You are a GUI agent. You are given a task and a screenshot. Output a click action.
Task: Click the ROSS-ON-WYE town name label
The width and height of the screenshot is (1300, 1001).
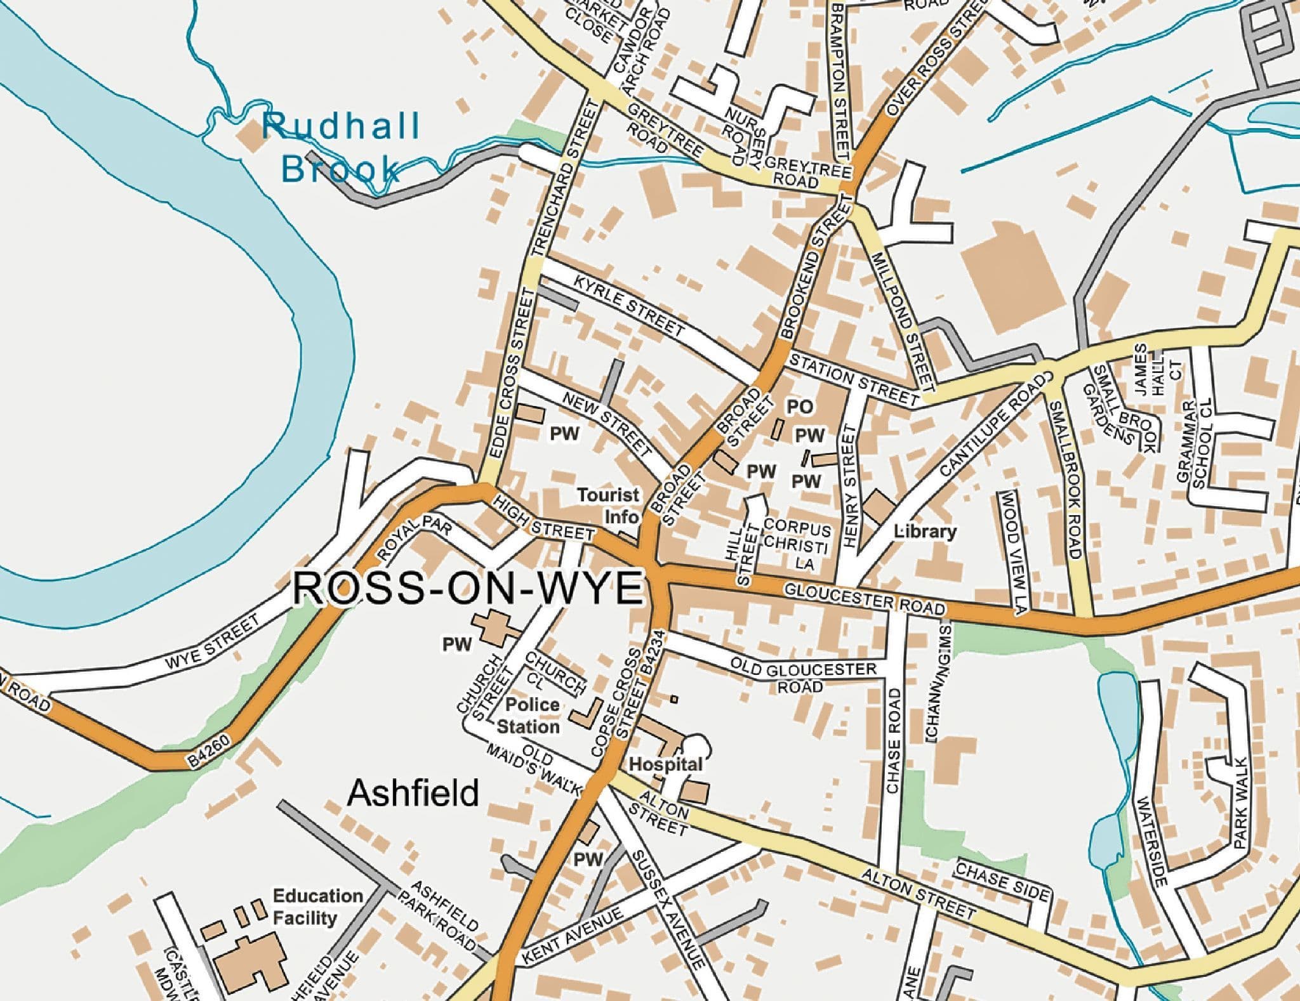468,588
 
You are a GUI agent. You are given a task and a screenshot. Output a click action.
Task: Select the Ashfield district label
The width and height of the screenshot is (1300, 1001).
413,793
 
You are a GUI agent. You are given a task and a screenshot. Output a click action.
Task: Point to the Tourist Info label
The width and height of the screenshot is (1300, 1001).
608,505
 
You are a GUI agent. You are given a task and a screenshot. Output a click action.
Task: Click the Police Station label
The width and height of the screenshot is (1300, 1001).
532,715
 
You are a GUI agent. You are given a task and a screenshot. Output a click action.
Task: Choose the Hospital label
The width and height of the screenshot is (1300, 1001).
665,764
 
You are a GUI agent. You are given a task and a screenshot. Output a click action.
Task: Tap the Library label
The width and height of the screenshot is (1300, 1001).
925,532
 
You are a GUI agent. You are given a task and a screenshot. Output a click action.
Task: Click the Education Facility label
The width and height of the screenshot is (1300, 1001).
317,906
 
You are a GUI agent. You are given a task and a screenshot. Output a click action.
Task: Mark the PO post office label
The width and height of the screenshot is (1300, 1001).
800,407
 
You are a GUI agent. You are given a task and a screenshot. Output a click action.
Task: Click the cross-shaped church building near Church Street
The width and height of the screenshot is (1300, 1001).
494,627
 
